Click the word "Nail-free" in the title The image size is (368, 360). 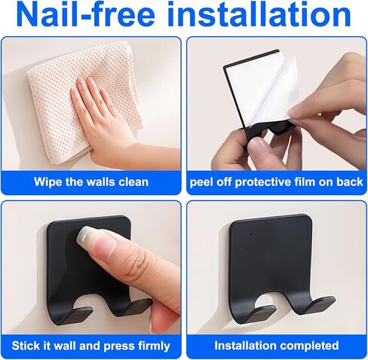click(86, 14)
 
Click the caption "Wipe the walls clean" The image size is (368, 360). click(91, 182)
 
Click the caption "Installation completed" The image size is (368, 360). click(277, 346)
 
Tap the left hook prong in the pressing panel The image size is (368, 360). click(75, 315)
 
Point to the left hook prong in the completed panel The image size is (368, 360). click(259, 314)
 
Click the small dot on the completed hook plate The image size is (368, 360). click(251, 234)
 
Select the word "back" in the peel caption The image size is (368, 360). click(350, 182)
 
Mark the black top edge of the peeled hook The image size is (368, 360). click(251, 58)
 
